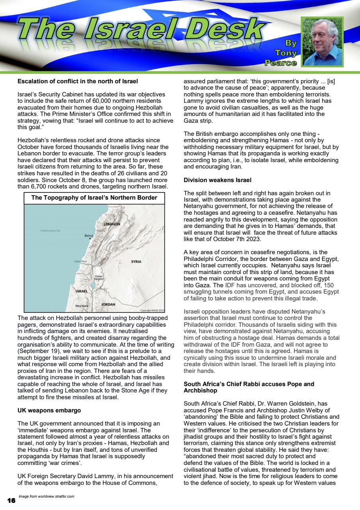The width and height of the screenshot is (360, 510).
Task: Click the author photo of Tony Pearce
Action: [323, 42]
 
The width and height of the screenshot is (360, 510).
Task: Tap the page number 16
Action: [11, 500]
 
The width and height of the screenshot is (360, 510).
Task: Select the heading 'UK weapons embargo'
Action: [49, 410]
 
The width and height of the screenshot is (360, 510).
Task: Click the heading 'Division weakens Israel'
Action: [217, 180]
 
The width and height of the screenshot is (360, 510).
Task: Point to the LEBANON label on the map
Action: [112, 224]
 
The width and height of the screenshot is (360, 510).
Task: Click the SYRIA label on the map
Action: [136, 262]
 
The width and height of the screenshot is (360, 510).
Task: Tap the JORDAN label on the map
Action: [108, 304]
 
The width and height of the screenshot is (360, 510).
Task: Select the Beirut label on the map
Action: [89, 236]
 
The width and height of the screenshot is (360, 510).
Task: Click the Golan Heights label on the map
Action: [99, 278]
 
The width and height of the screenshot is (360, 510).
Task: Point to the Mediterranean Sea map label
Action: [50, 231]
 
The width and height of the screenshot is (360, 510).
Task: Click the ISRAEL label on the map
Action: [82, 291]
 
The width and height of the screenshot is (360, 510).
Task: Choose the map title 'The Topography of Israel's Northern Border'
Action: [94, 198]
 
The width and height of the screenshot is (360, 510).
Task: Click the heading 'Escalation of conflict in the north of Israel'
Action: [78, 82]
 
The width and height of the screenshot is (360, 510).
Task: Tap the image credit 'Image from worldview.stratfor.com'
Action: [47, 496]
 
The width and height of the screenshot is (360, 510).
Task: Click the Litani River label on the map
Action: [81, 261]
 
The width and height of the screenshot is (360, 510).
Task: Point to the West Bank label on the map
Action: [82, 306]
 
